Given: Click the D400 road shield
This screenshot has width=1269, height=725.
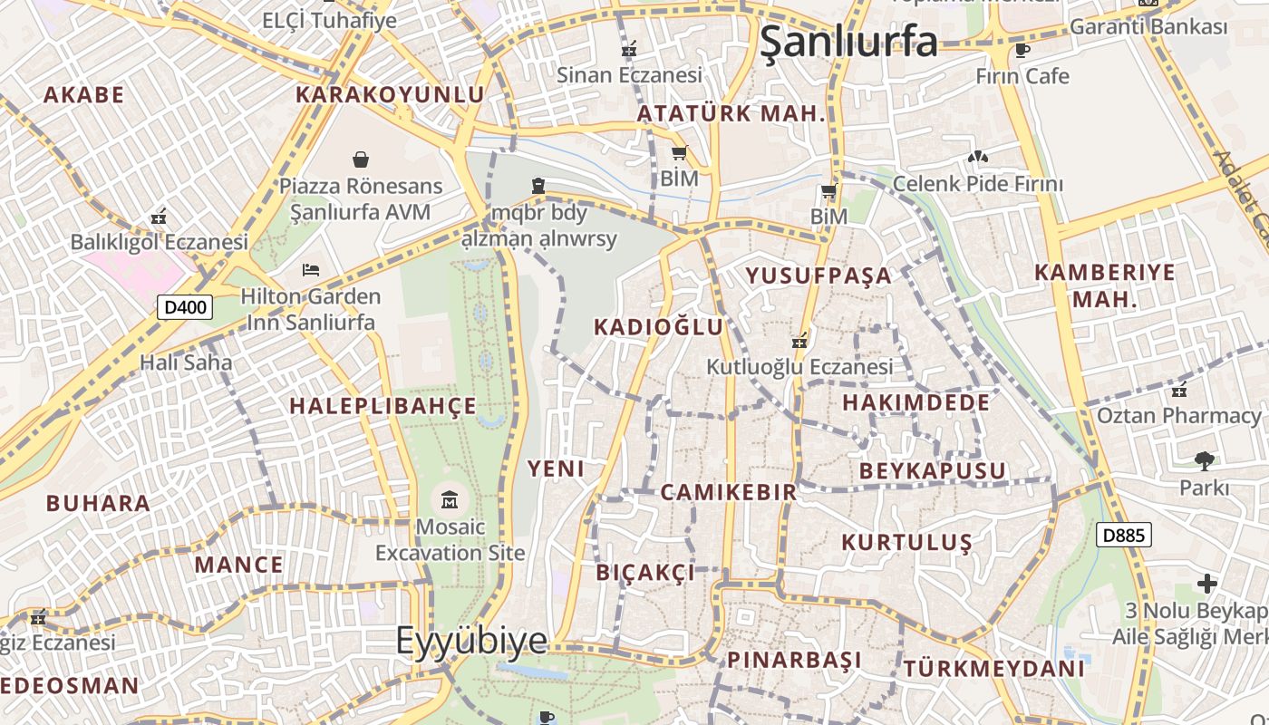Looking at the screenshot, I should coord(185,307).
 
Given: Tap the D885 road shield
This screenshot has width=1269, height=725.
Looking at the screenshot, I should coord(1124,535).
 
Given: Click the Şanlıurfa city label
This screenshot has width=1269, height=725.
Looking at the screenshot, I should coord(848,42).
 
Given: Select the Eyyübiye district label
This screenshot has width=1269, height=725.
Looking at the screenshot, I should coord(471,641).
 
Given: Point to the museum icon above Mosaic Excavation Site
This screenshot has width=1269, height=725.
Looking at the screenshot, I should coord(450,499).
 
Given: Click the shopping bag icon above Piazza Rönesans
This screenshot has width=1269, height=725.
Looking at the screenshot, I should coord(361,159).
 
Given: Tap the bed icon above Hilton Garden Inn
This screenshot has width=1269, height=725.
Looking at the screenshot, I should coord(311,270).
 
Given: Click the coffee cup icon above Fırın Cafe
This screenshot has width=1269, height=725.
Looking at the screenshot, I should coord(1022,50).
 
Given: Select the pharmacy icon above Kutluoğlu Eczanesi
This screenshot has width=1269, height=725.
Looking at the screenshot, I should coord(799,342).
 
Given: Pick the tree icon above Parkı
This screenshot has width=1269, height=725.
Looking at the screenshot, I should coord(1204,461).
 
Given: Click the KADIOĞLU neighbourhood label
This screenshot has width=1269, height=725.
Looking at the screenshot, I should coord(659,327).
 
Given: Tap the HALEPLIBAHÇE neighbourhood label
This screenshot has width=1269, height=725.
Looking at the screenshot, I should coord(383,406).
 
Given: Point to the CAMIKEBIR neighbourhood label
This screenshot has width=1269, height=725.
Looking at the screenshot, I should coord(728,492).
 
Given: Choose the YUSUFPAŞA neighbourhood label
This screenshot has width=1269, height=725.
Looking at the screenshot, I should coord(819,275).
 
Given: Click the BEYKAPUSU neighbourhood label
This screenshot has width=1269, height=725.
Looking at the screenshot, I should coord(933,470).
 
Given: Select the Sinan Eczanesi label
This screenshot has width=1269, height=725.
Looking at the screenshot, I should coord(630,75).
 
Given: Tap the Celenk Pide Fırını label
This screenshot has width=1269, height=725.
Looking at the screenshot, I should coord(977,184).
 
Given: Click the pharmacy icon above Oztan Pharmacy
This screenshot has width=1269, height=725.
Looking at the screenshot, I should coord(1179,391).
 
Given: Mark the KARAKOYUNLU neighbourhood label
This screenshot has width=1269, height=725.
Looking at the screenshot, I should coord(390,94).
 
